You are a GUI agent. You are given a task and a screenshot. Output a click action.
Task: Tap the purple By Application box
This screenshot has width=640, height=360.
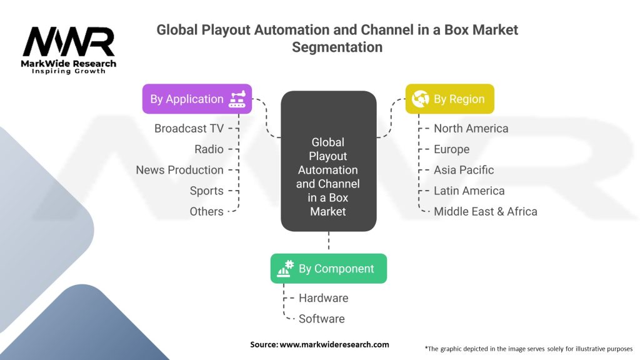click(x=197, y=99)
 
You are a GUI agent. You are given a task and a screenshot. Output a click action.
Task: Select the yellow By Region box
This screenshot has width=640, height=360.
click(x=449, y=99)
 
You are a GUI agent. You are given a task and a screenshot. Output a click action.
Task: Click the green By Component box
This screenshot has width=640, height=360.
click(x=328, y=269)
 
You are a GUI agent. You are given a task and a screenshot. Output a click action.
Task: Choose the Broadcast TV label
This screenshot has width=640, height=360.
click(x=189, y=128)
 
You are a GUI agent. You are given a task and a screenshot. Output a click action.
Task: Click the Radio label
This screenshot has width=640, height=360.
click(x=209, y=149)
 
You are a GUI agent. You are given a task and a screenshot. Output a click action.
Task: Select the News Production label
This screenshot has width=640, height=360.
click(x=179, y=170)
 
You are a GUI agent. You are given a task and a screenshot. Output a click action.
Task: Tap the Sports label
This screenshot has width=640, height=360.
click(x=206, y=191)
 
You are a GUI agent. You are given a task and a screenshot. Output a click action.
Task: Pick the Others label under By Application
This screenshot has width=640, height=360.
click(x=206, y=211)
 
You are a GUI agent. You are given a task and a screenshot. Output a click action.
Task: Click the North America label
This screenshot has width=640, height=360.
click(x=471, y=128)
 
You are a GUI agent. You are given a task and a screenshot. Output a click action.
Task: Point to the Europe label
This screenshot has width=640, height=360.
click(x=451, y=149)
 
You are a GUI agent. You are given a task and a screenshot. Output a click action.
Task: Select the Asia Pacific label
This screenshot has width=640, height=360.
click(x=464, y=170)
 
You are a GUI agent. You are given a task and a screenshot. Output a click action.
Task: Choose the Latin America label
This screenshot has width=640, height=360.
click(x=469, y=191)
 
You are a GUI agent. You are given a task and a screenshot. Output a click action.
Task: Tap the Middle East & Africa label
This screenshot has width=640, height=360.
click(x=485, y=211)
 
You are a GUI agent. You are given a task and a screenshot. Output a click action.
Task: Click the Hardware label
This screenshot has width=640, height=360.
click(x=323, y=298)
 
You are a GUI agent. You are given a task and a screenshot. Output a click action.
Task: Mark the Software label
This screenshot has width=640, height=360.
click(x=321, y=319)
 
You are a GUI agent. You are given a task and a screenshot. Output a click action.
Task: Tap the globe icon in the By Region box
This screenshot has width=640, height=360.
click(x=420, y=99)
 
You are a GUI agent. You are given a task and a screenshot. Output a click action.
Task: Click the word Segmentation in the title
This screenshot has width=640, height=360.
click(x=337, y=47)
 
